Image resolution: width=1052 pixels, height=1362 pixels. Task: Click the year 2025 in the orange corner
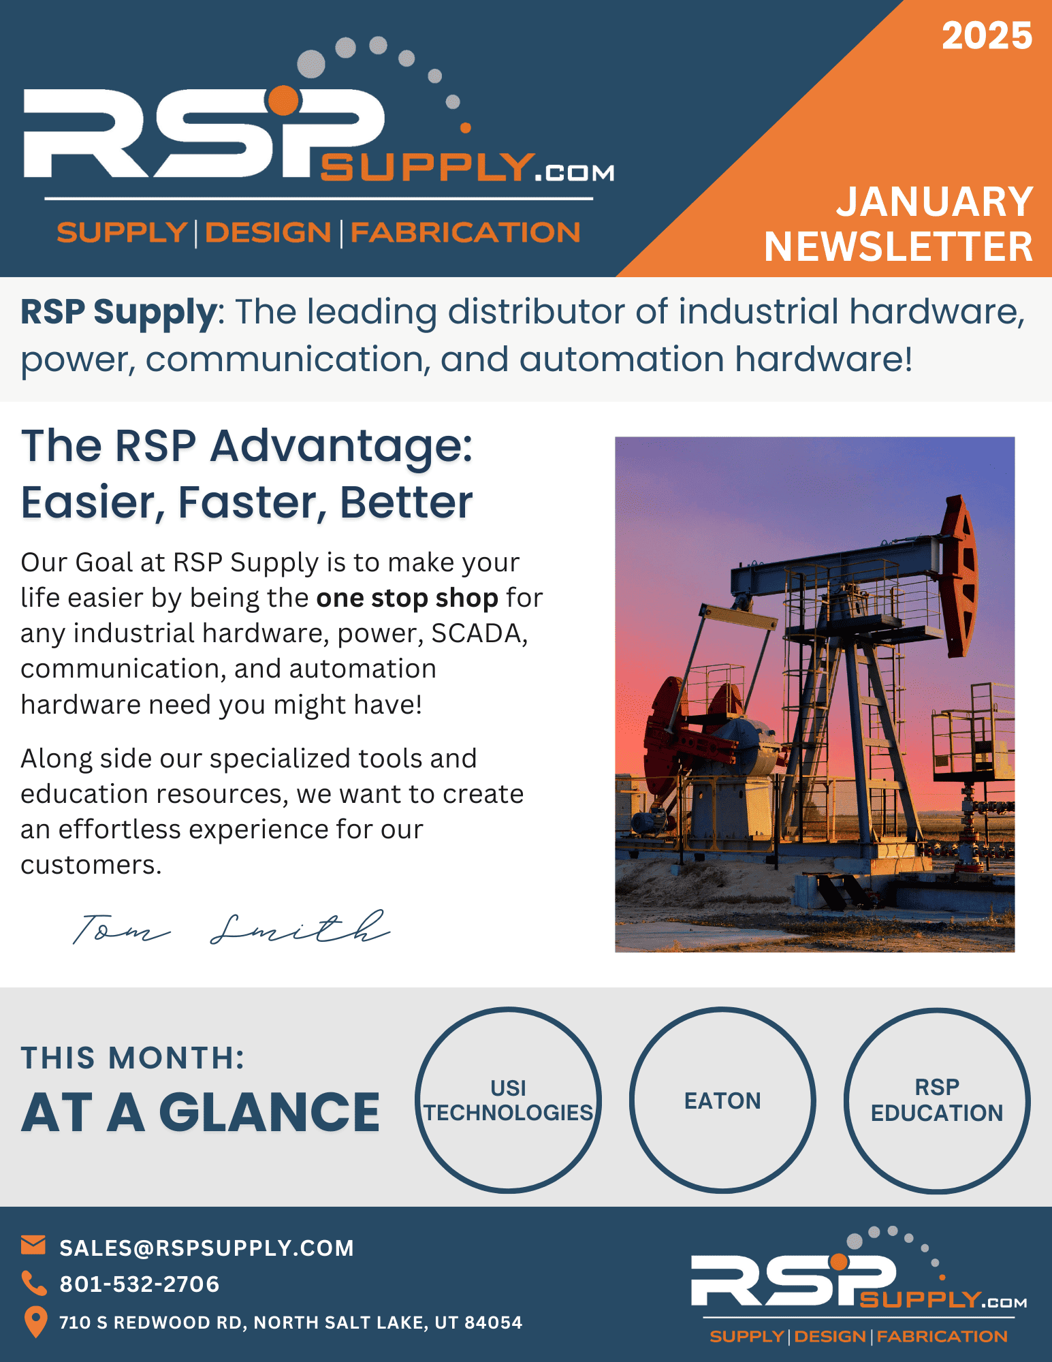point(987,35)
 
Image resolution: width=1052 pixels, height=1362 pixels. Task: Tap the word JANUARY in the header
point(935,202)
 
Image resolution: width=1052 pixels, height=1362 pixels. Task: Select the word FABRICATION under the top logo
point(465,233)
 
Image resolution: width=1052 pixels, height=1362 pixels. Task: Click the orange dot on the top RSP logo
point(284,101)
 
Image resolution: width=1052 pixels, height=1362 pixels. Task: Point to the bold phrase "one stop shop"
point(407,598)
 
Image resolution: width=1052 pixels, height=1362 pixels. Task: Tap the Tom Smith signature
point(232,928)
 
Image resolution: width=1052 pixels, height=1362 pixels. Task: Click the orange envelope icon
point(33,1245)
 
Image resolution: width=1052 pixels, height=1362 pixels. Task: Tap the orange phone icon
point(34,1283)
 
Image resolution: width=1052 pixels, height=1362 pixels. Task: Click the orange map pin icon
point(35,1322)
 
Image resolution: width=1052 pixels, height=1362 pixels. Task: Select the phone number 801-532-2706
point(140,1284)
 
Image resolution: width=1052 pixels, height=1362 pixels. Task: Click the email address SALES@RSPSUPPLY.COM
point(207,1248)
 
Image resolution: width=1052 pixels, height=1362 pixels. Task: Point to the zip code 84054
point(493,1323)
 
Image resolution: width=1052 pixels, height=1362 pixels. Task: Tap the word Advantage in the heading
point(341,447)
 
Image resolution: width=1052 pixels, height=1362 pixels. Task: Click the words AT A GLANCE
point(200,1113)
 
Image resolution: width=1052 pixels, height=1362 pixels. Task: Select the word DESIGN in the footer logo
point(830,1336)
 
